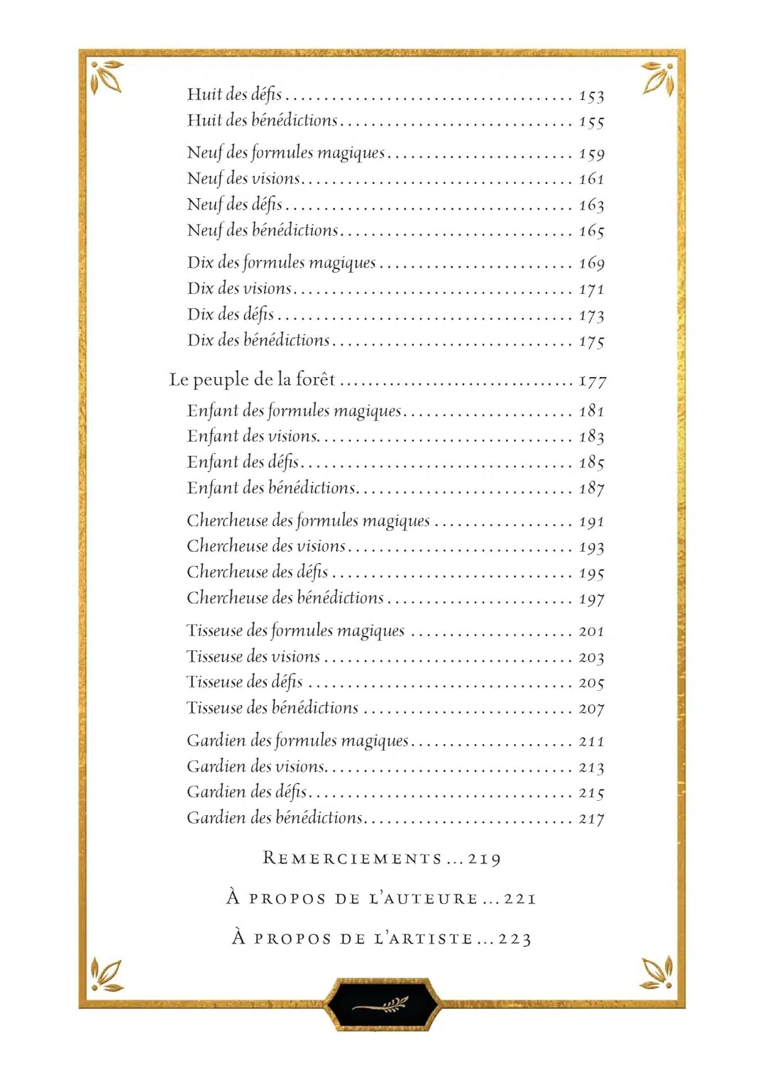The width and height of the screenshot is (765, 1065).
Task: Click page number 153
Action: click(591, 96)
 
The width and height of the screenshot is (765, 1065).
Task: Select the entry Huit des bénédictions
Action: click(262, 121)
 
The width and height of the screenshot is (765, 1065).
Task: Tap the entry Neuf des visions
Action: click(243, 179)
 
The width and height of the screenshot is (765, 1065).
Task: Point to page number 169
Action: click(591, 263)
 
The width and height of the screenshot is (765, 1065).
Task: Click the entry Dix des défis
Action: click(231, 315)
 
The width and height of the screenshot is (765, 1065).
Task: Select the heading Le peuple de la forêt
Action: click(252, 380)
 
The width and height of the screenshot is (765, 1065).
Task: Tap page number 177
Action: click(592, 381)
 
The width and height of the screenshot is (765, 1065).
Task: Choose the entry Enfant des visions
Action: click(252, 437)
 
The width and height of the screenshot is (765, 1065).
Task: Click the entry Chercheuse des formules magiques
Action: click(308, 521)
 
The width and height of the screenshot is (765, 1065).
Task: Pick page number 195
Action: click(591, 573)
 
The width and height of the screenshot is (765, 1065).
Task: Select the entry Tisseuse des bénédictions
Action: click(273, 709)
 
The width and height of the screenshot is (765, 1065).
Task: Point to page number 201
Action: click(591, 631)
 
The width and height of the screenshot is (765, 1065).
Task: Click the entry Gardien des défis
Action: click(246, 792)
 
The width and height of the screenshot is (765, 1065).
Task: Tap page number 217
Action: click(591, 819)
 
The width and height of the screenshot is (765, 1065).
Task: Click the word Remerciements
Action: click(353, 858)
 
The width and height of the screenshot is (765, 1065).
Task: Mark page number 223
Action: click(514, 939)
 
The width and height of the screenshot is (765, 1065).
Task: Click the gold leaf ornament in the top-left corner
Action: click(107, 77)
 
